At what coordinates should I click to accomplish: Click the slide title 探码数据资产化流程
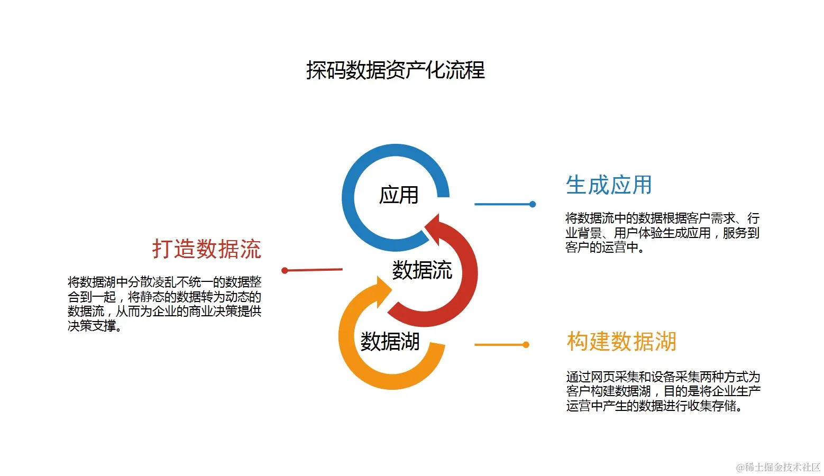coord(395,70)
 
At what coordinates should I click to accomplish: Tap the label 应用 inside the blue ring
coord(399,195)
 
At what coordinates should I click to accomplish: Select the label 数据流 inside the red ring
coord(422,270)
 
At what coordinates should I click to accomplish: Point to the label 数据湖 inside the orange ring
coord(390,342)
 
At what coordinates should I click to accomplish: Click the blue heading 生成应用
coord(608,185)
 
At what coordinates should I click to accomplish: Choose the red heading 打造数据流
coord(207,249)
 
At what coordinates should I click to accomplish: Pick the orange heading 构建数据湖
coord(621,342)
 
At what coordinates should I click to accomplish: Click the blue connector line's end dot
coord(533,204)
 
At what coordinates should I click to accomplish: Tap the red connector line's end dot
coord(285,271)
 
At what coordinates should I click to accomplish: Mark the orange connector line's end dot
coord(526,345)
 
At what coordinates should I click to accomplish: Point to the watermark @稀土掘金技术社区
coord(778,467)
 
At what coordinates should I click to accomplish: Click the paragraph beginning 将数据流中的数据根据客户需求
coord(662,233)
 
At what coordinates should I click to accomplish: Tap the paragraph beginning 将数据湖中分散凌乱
coord(164,304)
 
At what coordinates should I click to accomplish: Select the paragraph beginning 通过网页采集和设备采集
coord(663,391)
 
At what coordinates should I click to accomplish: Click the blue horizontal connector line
coord(502,204)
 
